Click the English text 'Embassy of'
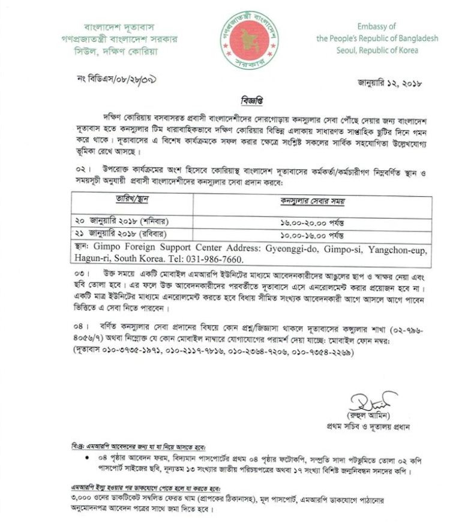point(376,27)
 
